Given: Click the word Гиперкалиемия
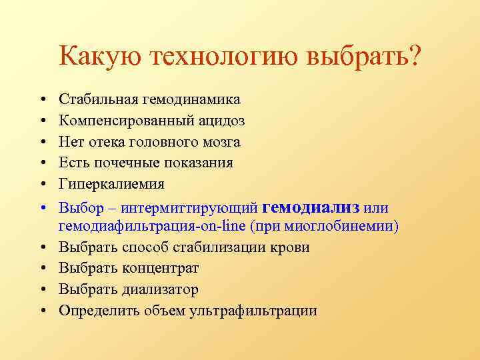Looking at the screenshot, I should (111, 183).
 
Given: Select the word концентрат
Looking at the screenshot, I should (160, 268).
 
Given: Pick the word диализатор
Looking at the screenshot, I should (161, 289).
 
